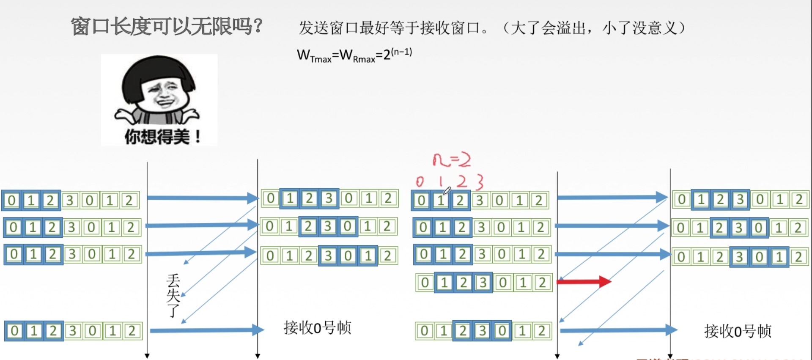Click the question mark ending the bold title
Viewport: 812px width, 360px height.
(x=257, y=26)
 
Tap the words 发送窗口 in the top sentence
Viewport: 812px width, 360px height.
(x=329, y=28)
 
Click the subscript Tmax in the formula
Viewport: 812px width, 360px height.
(x=321, y=60)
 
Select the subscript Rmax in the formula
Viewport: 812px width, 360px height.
(x=364, y=60)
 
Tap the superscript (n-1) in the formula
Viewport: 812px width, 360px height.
(x=402, y=52)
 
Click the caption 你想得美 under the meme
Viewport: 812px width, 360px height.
(x=157, y=137)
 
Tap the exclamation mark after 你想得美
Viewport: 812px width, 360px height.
(x=198, y=137)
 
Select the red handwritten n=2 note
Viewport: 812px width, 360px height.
(x=451, y=159)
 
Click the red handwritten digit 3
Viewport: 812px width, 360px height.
(x=479, y=182)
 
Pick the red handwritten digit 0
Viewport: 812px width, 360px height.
(x=420, y=182)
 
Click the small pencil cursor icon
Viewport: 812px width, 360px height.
(x=447, y=191)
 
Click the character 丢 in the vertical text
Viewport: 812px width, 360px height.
(x=173, y=280)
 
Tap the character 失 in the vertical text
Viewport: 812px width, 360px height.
(x=173, y=295)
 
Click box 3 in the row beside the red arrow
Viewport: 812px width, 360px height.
(x=483, y=283)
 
